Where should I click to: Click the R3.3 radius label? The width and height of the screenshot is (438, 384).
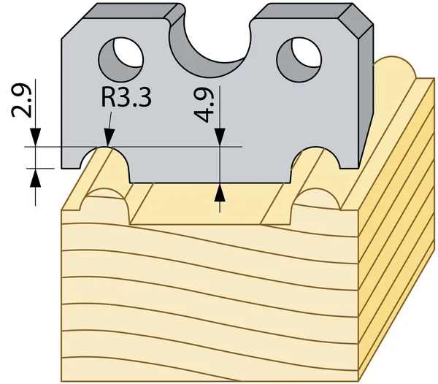pyautogui.click(x=126, y=98)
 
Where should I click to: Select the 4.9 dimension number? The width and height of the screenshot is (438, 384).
pyautogui.click(x=204, y=105)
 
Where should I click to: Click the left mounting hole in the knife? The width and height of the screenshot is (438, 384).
pyautogui.click(x=121, y=60)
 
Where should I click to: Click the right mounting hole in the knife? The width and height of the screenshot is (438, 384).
pyautogui.click(x=299, y=60)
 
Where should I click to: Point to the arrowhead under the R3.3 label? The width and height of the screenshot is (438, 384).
pyautogui.click(x=109, y=137)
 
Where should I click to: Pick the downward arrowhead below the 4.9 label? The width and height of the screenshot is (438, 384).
pyautogui.click(x=220, y=137)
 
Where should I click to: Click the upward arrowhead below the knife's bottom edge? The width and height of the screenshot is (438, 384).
pyautogui.click(x=220, y=192)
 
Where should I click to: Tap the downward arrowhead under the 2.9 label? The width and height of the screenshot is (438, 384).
pyautogui.click(x=36, y=137)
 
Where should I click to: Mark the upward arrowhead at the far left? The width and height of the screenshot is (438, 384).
pyautogui.click(x=36, y=178)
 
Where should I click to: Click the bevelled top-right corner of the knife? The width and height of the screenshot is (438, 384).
pyautogui.click(x=356, y=20)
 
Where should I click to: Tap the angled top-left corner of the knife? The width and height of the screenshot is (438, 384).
pyautogui.click(x=72, y=28)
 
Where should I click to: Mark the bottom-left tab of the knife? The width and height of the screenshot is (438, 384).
pyautogui.click(x=71, y=159)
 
